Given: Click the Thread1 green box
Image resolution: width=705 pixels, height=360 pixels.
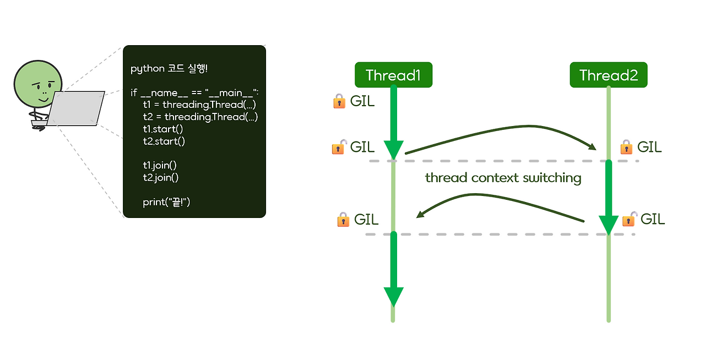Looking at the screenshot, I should pos(393,75).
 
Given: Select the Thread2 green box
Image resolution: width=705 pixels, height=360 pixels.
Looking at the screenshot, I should pos(608,75).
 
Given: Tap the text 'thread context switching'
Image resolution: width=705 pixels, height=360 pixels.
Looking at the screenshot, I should pos(503,178).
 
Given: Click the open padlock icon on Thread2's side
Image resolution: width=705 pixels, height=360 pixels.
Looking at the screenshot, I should pos(629,219).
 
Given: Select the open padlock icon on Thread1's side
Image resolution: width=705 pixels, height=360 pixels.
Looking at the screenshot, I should pos(339,147).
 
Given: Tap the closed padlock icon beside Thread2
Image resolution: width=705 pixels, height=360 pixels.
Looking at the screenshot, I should pos(626,147).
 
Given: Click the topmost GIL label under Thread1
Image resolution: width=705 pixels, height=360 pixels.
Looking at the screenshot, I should pos(362,101).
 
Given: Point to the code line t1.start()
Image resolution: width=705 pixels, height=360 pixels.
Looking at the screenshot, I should pos(162,129).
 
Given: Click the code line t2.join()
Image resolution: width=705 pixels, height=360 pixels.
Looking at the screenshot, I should pos(160,177).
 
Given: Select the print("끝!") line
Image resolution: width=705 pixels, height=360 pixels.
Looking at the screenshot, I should pos(166,202).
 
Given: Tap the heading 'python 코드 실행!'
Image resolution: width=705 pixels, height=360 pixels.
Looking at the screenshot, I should pos(169,69).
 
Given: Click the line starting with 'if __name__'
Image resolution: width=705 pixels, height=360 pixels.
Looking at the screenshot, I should pos(198,92).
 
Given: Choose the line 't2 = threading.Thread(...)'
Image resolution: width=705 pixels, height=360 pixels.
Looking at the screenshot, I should pos(200,117).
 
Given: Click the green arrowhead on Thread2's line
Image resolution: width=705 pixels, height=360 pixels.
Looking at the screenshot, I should pos(609,225).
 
